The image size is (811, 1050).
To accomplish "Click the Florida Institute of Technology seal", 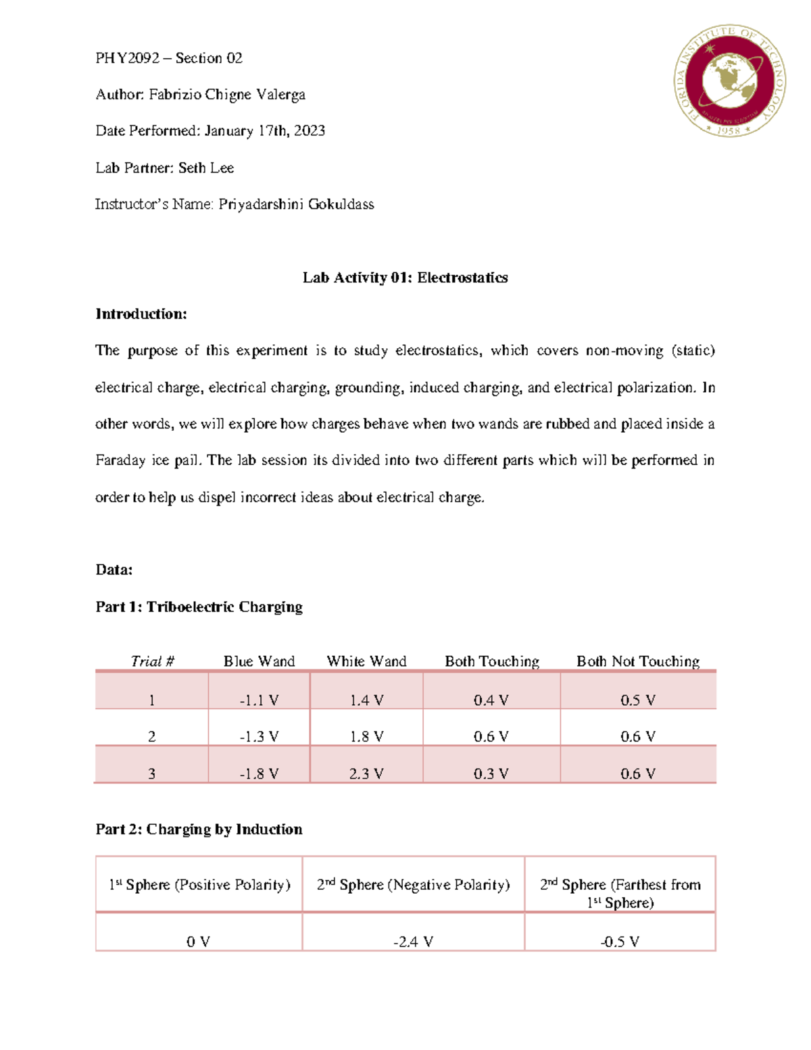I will [729, 81].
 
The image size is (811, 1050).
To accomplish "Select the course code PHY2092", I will [127, 58].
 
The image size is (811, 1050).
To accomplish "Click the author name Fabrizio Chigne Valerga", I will [227, 95].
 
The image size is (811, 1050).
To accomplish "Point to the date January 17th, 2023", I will [264, 130].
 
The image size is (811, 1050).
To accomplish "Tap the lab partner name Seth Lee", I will [206, 168].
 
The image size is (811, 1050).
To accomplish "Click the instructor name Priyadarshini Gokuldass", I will [296, 204].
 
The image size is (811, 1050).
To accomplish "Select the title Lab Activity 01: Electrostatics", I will [405, 277].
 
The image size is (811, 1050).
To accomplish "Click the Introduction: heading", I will [141, 314].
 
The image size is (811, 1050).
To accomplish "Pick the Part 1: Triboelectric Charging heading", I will [199, 606].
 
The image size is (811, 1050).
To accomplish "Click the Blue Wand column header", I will [259, 661].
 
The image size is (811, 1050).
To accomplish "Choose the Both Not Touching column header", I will [637, 661].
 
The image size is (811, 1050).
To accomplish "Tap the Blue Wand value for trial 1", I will [259, 700].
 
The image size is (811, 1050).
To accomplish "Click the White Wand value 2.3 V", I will [366, 773].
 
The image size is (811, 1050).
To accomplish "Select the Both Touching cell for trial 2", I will [491, 736].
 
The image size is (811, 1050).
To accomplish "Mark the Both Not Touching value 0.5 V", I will [637, 700].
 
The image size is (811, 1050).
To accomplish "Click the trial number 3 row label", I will [151, 773].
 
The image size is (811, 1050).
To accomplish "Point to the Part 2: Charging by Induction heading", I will [199, 829].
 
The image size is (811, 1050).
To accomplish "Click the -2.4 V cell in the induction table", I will [413, 941].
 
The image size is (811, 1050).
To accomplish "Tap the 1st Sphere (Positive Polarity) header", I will [199, 885].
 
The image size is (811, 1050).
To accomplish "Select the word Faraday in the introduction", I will [120, 460].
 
